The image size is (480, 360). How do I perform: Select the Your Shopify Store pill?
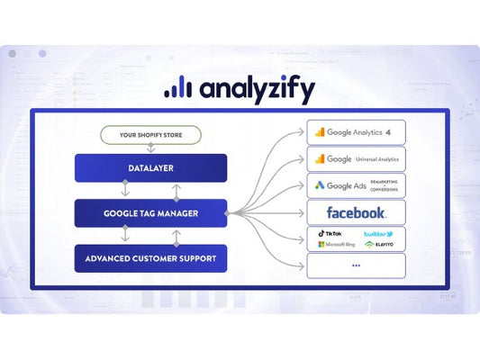point(150,136)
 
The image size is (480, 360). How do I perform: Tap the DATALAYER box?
point(150,166)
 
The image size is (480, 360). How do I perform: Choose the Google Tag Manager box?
point(150,213)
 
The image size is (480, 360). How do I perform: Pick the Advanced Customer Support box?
point(150,259)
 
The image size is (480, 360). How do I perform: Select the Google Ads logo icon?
point(320,186)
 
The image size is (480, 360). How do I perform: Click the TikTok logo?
point(326,233)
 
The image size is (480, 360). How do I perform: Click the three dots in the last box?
point(356,265)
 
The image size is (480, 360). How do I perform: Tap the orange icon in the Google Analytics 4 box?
point(320,131)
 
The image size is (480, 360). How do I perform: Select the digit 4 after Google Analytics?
point(387,131)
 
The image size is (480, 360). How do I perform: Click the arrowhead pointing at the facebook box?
point(303,213)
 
